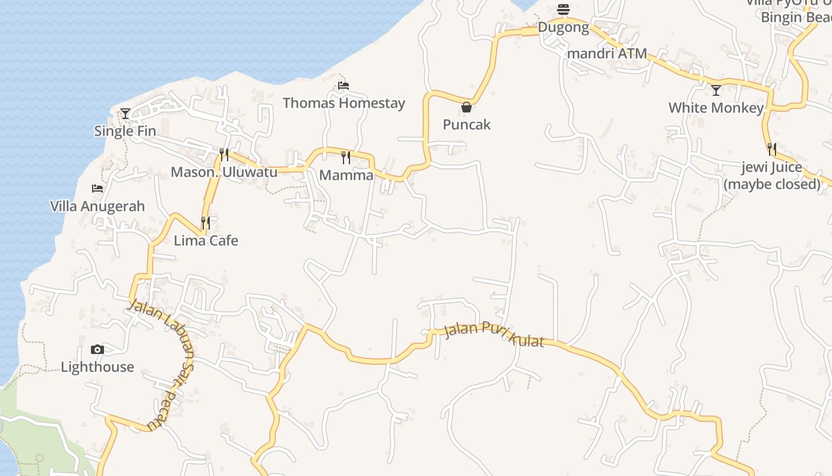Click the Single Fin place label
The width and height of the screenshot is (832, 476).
pos(125,131)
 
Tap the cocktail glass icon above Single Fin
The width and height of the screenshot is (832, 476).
pos(125,113)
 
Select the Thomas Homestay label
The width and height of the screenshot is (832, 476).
pos(343,103)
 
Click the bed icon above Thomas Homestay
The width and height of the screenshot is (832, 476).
pos(343,86)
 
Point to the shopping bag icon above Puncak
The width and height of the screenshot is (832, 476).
pos(467,107)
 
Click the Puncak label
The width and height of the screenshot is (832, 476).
pos(467,124)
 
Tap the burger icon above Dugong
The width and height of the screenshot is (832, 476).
pos(563,10)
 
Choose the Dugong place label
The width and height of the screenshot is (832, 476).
pos(563,27)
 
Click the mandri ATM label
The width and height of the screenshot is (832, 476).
pos(607,54)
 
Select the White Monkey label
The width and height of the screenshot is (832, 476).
pos(716,108)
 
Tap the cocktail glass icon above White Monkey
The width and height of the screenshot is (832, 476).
pos(716,90)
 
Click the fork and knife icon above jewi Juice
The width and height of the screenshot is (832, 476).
pos(771,149)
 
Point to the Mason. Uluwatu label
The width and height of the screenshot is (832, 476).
pos(224,173)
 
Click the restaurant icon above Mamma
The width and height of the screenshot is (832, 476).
pos(346,158)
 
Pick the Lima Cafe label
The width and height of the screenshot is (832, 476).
pos(206,240)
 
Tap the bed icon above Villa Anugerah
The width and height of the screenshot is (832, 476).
pos(97,189)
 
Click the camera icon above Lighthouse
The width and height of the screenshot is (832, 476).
pos(97,349)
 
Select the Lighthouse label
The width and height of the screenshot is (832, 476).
pos(97,367)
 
